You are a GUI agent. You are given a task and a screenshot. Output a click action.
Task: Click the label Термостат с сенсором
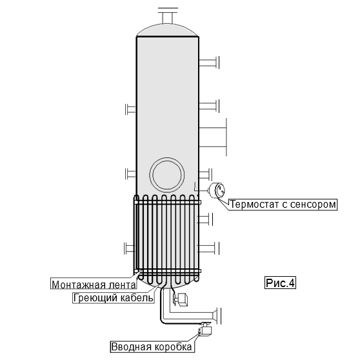283,205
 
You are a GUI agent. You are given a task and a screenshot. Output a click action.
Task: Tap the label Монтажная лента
94,285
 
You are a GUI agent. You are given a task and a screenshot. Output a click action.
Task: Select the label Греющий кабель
114,298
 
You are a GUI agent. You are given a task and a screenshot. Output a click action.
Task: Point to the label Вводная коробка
152,346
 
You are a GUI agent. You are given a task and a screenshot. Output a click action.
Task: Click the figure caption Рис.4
280,283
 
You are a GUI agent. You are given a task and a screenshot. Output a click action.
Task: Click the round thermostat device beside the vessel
217,190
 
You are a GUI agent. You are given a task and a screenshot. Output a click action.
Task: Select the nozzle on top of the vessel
168,15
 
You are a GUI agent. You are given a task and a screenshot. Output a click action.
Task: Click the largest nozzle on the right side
213,137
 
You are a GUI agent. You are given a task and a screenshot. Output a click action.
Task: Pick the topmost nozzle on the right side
209,63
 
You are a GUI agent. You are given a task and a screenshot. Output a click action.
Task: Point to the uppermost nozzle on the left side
130,109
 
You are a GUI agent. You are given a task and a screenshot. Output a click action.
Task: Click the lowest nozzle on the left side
130,248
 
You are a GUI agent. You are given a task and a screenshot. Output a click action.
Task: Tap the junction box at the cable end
205,330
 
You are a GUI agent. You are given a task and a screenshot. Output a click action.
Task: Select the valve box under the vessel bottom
181,299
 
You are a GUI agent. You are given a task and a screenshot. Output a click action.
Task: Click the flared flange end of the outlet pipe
217,316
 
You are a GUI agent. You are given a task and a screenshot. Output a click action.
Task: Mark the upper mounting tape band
167,203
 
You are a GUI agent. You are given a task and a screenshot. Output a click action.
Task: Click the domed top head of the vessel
168,30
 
